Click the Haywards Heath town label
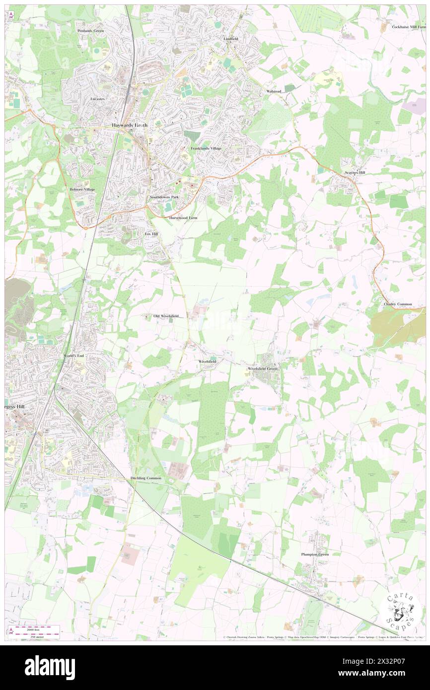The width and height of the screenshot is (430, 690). [x=130, y=125]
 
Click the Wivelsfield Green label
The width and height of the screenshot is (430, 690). [x=263, y=369]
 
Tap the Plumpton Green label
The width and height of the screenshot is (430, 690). [x=315, y=554]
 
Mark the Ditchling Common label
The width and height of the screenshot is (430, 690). [x=146, y=478]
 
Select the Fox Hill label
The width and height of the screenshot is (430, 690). [x=151, y=233]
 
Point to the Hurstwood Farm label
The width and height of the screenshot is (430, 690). [x=183, y=218]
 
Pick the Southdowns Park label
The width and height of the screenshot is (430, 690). [x=164, y=197]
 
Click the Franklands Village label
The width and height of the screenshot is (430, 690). [x=206, y=148]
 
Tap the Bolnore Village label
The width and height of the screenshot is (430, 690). [x=82, y=190]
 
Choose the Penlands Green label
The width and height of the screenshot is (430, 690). [x=91, y=31]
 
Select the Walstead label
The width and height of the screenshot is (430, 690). [x=274, y=92]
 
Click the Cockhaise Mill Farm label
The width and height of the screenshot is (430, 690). [x=409, y=27]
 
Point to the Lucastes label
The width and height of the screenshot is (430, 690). [x=97, y=99]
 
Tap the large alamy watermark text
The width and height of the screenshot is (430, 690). [x=50, y=668]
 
